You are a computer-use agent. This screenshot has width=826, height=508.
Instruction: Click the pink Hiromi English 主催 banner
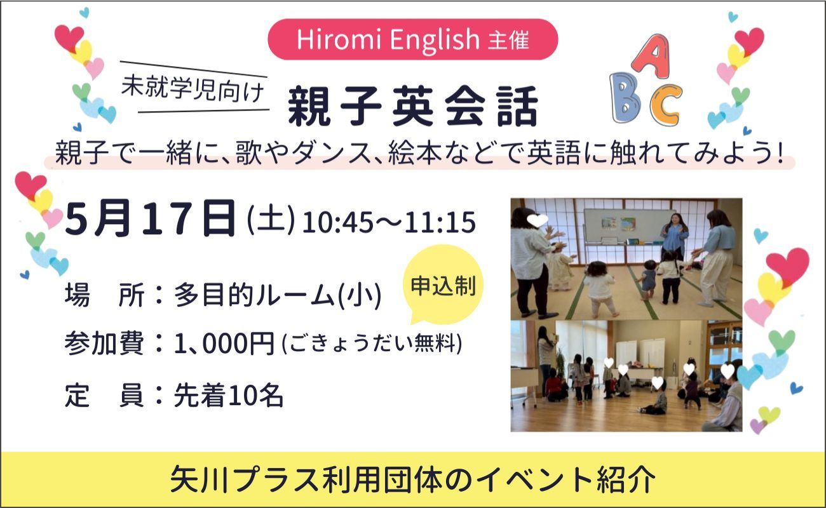412,39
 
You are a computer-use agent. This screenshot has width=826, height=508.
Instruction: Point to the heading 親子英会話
412,106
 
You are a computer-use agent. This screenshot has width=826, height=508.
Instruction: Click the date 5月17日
150,218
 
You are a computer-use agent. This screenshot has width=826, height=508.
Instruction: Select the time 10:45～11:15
389,222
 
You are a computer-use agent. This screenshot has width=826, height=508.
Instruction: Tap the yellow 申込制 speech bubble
443,284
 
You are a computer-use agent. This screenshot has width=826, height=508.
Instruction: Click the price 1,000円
224,343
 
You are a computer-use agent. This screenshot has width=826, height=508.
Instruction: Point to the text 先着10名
229,396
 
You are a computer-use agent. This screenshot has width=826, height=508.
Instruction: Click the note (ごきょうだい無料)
372,344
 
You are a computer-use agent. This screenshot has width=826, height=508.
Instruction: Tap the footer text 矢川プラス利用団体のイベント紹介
412,479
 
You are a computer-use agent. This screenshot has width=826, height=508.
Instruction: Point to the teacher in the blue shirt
674,237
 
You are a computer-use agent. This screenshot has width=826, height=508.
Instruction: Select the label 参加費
104,343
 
